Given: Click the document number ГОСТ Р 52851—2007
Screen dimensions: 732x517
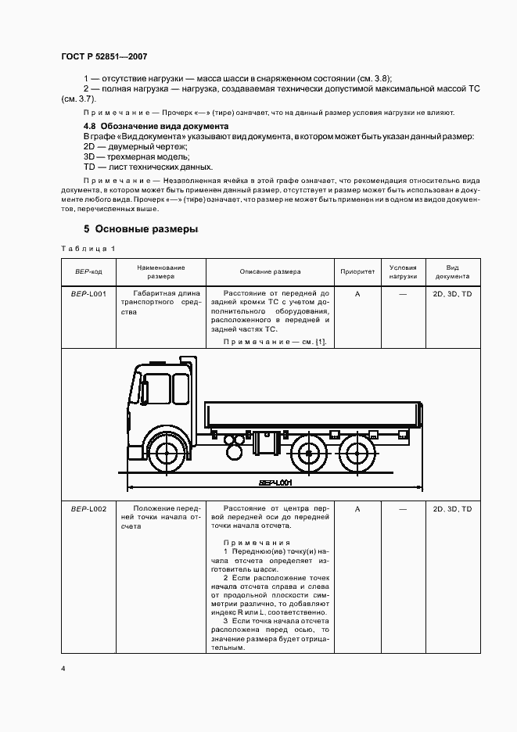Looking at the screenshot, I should pos(103,57).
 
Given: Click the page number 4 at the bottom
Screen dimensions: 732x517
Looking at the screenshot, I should pos(63,669).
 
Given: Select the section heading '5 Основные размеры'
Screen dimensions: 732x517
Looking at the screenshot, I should pos(141,230).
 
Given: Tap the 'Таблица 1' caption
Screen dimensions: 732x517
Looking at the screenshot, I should pos(88,249).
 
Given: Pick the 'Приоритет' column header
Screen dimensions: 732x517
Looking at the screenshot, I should pos(357,272).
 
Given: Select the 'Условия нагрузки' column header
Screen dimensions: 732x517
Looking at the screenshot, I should pos(403,272).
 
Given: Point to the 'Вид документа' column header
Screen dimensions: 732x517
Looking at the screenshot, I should pos(452,272).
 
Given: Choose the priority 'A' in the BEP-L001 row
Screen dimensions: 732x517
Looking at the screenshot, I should pos(357,294).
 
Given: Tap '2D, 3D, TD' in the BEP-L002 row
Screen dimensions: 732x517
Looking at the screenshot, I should pos(452,509).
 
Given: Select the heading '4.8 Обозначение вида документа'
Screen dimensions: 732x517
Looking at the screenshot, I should pos(156,126).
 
